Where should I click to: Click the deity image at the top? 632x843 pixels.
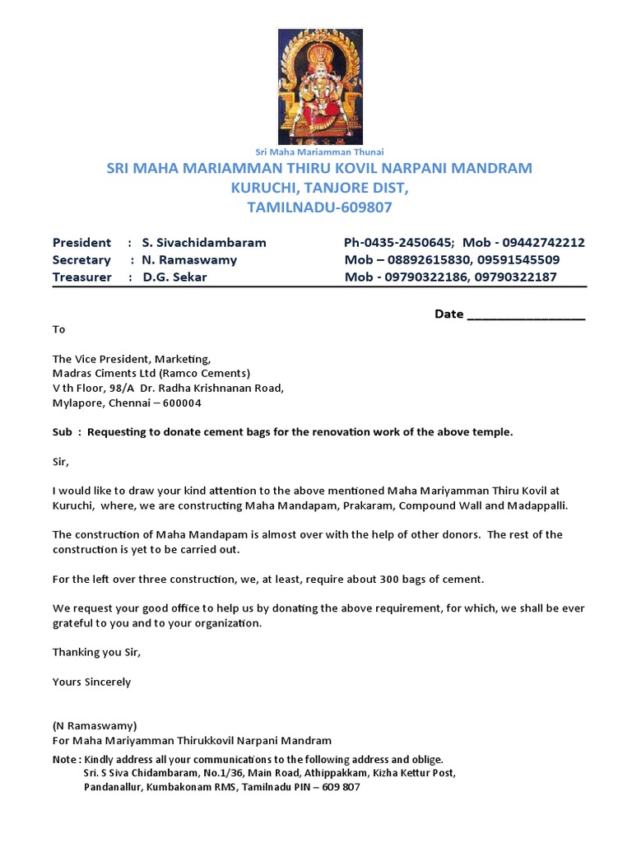click(320, 86)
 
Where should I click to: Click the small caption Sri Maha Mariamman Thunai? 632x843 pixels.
click(320, 151)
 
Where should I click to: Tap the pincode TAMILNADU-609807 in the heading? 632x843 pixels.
click(320, 207)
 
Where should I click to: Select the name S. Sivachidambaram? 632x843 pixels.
click(204, 242)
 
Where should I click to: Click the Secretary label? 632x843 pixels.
click(81, 259)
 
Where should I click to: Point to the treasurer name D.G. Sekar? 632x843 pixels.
click(174, 277)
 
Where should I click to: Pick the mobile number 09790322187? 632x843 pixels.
click(516, 277)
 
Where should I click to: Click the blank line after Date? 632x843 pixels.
click(526, 314)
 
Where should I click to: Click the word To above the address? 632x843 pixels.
click(58, 328)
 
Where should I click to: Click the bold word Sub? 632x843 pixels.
click(63, 432)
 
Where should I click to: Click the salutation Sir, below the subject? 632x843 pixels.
click(61, 462)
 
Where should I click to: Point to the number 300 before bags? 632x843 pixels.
click(389, 579)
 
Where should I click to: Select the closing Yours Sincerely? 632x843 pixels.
click(91, 682)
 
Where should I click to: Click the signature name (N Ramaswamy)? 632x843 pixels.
click(95, 726)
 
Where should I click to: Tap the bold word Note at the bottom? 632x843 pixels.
click(65, 759)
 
